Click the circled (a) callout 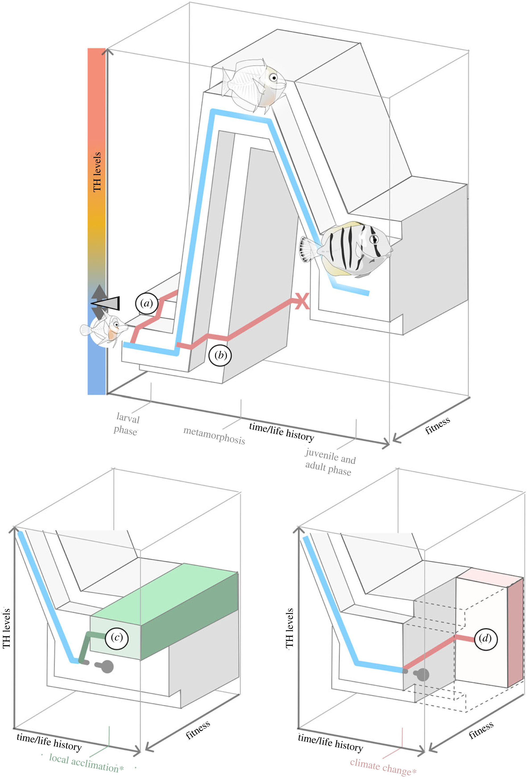146,303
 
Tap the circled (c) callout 116,637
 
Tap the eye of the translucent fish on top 274,78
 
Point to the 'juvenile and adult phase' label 330,462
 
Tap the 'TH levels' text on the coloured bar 97,172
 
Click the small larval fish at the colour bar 104,329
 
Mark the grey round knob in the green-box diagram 107,667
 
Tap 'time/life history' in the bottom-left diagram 49,741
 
